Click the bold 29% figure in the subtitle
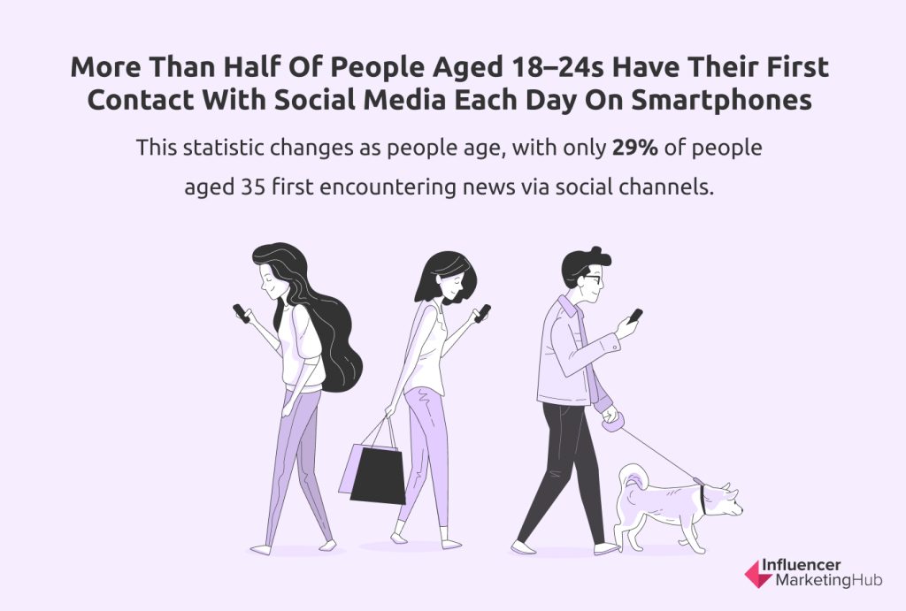[x=634, y=148]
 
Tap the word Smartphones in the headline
[x=722, y=100]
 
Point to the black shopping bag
[x=379, y=476]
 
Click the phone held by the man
[x=635, y=316]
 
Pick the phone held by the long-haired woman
[x=241, y=312]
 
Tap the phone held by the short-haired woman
[x=482, y=313]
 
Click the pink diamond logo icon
[x=756, y=574]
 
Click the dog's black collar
[x=703, y=499]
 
